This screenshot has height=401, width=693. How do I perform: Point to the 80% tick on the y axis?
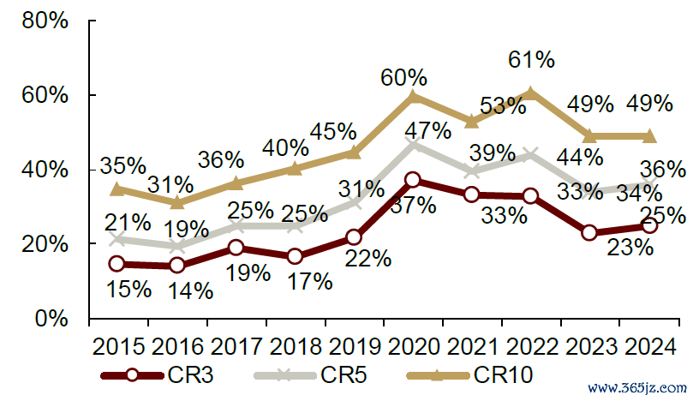[x=45, y=21]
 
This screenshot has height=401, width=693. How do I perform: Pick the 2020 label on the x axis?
[x=414, y=348]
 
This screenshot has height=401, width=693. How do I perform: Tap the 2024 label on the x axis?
[x=649, y=348]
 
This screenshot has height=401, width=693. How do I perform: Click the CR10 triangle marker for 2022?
[x=531, y=92]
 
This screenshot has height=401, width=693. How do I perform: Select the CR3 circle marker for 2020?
[x=413, y=180]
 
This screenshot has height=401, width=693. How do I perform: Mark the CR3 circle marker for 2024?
[x=649, y=225]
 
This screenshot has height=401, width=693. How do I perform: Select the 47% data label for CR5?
[x=427, y=131]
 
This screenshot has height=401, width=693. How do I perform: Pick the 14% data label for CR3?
[x=189, y=290]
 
